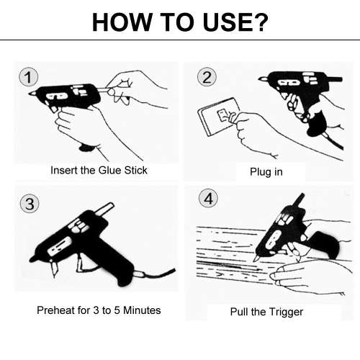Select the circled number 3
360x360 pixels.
click(x=29, y=204)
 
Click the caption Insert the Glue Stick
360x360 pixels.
click(x=99, y=171)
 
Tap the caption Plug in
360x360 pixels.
click(x=266, y=173)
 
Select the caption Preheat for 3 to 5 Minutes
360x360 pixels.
click(x=99, y=310)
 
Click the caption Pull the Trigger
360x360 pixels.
click(x=266, y=312)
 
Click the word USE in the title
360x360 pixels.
click(x=216, y=22)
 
